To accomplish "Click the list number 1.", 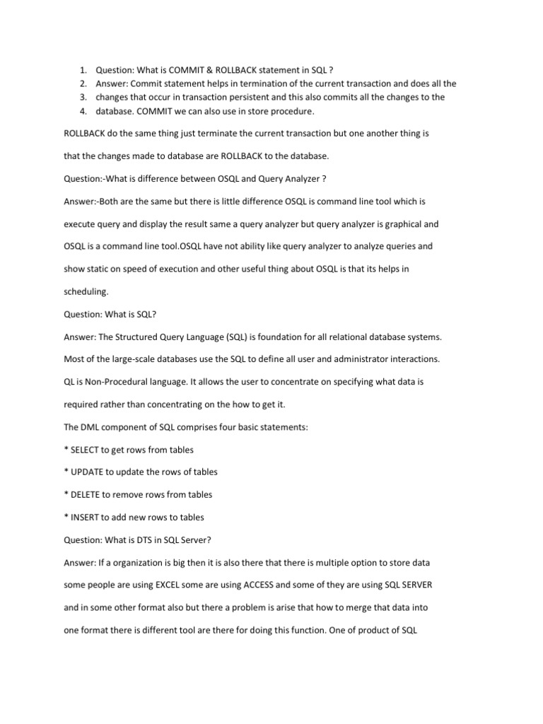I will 82,70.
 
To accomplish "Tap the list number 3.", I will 82,97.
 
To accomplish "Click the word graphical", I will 396,223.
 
